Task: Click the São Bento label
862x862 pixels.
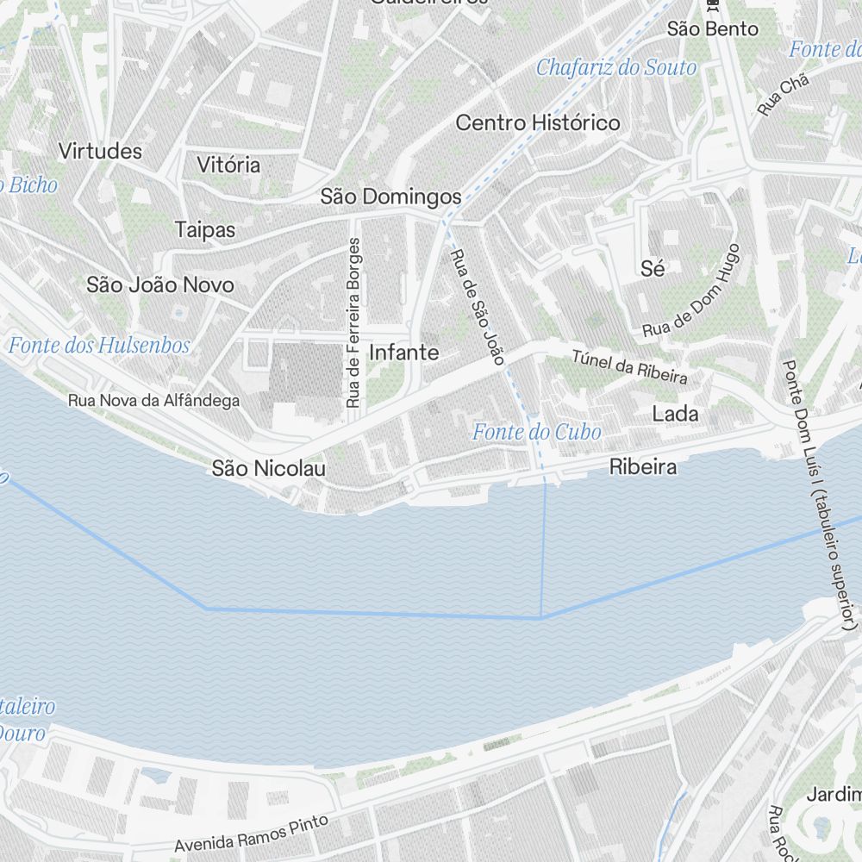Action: [713, 29]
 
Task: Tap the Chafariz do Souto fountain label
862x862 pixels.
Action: [616, 67]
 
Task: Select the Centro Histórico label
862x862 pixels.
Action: [538, 122]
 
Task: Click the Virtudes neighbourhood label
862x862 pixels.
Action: [100, 151]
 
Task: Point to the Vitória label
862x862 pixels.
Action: [228, 165]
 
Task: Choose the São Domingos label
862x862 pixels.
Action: [391, 197]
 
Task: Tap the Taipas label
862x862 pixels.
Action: [205, 229]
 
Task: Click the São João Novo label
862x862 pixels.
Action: [160, 284]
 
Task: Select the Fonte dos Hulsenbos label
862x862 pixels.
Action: [99, 346]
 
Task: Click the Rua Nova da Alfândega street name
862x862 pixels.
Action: [154, 401]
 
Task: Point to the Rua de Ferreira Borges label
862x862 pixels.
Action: [353, 323]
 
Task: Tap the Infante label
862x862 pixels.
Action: [403, 353]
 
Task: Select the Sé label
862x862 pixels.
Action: [653, 269]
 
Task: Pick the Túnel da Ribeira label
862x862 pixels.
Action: [630, 366]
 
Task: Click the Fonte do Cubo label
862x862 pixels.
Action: [537, 432]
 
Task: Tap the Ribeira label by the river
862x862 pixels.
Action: [642, 467]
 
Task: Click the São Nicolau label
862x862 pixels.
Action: [269, 468]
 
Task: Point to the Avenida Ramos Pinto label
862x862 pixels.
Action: [251, 833]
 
